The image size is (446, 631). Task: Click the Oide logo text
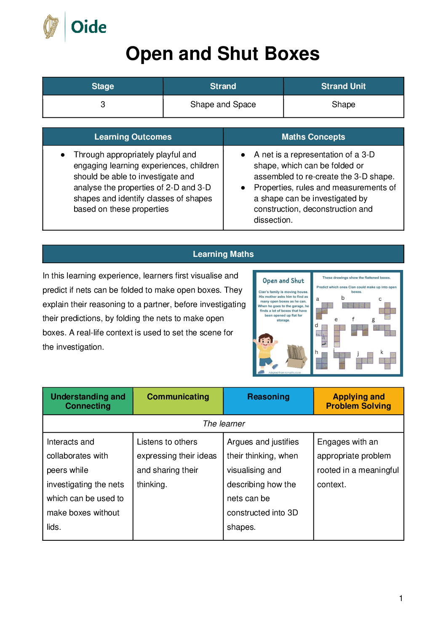[88, 27]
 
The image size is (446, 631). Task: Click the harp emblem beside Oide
[51, 27]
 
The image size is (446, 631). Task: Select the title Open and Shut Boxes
[222, 54]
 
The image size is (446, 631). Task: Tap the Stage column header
[103, 86]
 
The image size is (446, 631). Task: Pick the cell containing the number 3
[103, 105]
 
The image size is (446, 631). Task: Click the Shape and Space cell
[223, 105]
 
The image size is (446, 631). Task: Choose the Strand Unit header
[343, 86]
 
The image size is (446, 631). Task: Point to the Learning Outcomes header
[133, 137]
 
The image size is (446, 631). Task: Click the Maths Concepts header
[313, 137]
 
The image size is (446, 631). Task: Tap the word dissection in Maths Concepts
[272, 220]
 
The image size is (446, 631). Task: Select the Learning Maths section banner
[223, 254]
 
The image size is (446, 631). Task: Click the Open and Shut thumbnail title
[283, 281]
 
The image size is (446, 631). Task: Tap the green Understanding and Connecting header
[88, 401]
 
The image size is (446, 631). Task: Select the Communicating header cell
[178, 397]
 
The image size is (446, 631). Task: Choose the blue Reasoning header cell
[268, 397]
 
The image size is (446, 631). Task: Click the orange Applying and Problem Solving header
[358, 401]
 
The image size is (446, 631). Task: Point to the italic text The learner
[224, 423]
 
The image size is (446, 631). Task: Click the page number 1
[401, 598]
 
